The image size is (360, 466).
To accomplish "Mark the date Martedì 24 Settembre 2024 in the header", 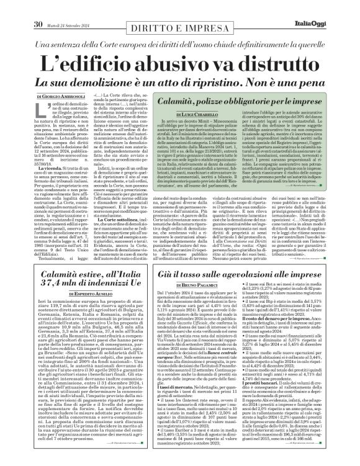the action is pos(72,8).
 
